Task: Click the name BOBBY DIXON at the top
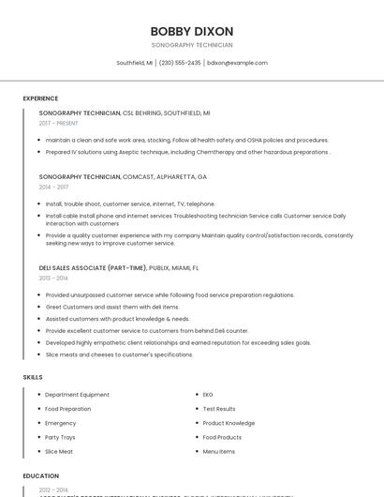click(192, 31)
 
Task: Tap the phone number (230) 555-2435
click(180, 63)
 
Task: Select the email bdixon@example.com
click(237, 63)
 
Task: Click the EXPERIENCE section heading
click(40, 98)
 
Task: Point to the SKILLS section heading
click(33, 377)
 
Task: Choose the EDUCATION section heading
click(41, 475)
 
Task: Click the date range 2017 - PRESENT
click(59, 123)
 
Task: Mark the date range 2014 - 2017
click(53, 187)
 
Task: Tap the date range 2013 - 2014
click(53, 278)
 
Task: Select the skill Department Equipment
click(77, 395)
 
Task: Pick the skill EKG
click(208, 395)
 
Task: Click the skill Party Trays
click(60, 437)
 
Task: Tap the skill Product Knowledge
click(229, 423)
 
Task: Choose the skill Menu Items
click(219, 451)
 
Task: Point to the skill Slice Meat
click(59, 451)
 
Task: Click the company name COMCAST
click(140, 176)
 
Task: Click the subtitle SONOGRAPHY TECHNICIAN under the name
click(192, 45)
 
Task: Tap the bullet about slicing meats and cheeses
click(119, 354)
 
